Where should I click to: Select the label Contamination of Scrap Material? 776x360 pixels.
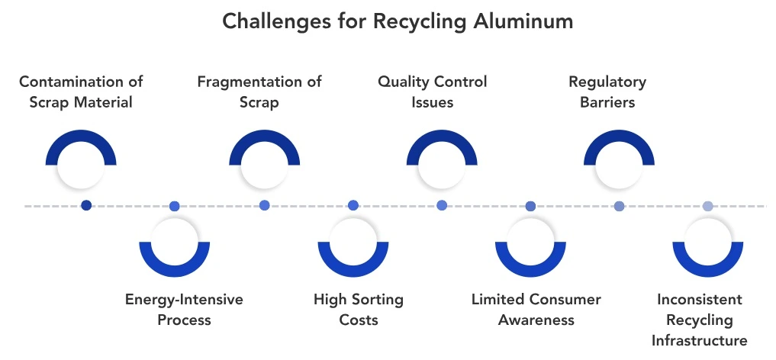[x=81, y=92]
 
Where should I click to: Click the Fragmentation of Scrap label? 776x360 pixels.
[x=259, y=92]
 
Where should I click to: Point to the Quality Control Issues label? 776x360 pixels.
[x=432, y=92]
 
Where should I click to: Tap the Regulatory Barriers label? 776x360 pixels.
[x=607, y=92]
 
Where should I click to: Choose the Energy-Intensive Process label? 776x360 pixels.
[x=184, y=309]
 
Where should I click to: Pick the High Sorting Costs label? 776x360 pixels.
[x=358, y=309]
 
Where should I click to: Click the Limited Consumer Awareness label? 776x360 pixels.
[x=536, y=309]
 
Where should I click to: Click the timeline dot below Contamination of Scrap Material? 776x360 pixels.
[x=86, y=205]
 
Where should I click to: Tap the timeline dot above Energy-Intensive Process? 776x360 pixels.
[x=175, y=206]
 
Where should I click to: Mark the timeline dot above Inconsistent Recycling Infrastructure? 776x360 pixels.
[x=707, y=206]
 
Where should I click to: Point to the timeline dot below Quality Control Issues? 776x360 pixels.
[x=442, y=205]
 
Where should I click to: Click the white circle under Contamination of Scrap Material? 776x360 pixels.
[x=81, y=167]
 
